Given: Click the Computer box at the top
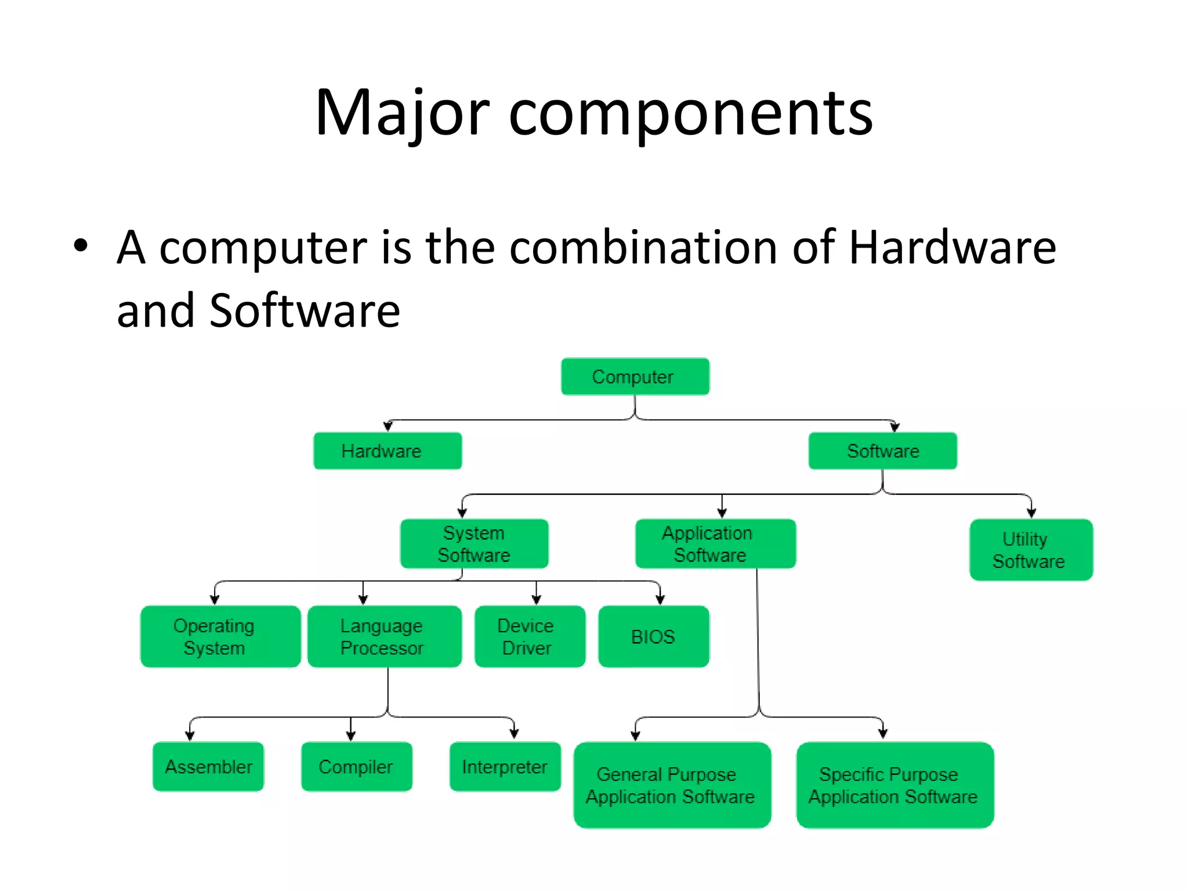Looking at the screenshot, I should pyautogui.click(x=635, y=377).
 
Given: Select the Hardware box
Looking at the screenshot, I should pyautogui.click(x=387, y=451).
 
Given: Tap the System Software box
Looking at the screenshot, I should pyautogui.click(x=474, y=544).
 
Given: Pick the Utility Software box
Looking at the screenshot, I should pyautogui.click(x=1031, y=550).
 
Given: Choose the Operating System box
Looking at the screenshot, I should pyautogui.click(x=220, y=636).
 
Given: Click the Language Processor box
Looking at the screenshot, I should pyautogui.click(x=384, y=636).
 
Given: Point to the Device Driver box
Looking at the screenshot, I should pyautogui.click(x=529, y=636).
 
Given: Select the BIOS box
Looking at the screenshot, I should pyautogui.click(x=653, y=636).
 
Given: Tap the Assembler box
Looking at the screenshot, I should pyautogui.click(x=208, y=766).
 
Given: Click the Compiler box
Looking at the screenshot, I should pyautogui.click(x=356, y=766).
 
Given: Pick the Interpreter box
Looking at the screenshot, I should pyautogui.click(x=505, y=766).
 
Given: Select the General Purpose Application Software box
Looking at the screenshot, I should pyautogui.click(x=672, y=785).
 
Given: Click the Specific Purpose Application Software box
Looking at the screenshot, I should pyautogui.click(x=894, y=785).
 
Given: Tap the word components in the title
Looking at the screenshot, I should pyautogui.click(x=690, y=113).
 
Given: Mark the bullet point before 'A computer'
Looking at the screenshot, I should pyautogui.click(x=81, y=246).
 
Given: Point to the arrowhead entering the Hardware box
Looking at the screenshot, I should pyautogui.click(x=388, y=427).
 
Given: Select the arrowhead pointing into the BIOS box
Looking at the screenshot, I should pyautogui.click(x=660, y=600).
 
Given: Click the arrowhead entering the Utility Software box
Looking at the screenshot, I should pyautogui.click(x=1031, y=513).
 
